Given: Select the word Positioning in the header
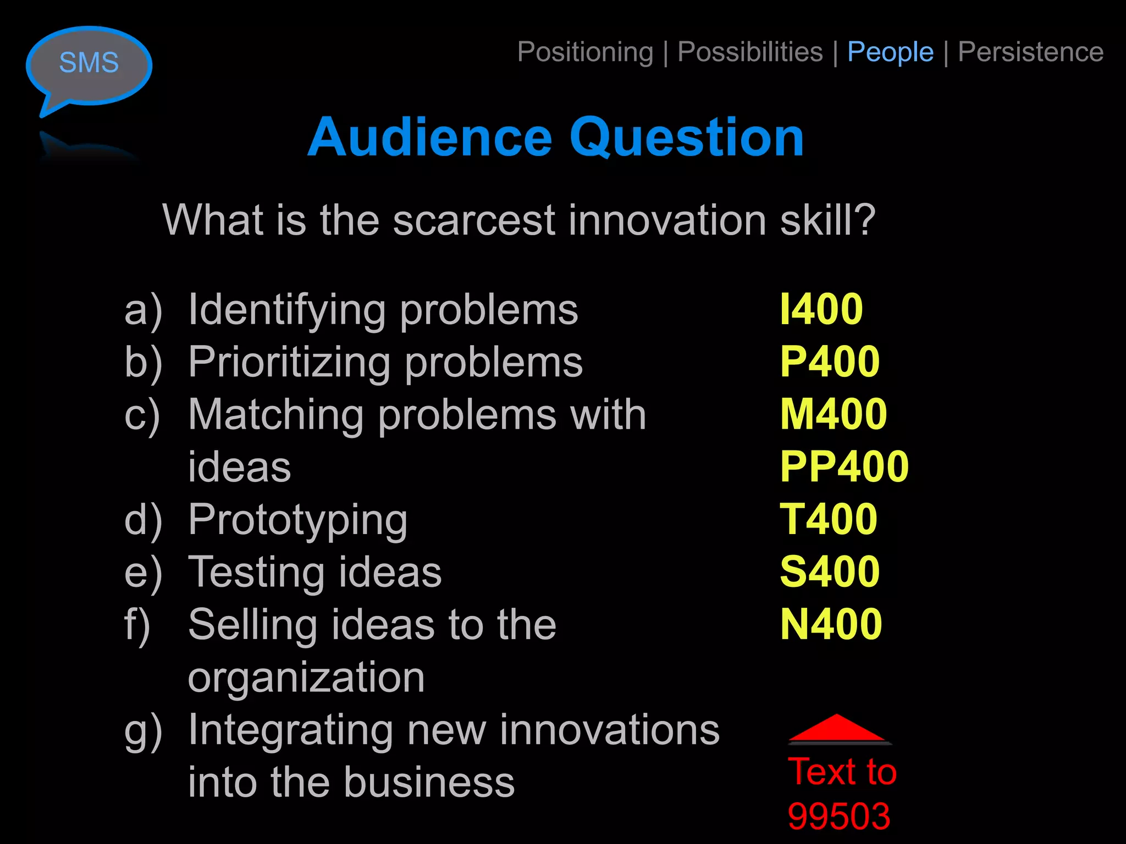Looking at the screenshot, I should pyautogui.click(x=585, y=53).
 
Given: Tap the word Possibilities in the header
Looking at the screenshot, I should pyautogui.click(x=750, y=53).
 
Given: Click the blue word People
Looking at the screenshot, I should pyautogui.click(x=890, y=53).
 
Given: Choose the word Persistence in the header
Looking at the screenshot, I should pyautogui.click(x=1030, y=53).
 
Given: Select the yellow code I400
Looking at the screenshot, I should pyautogui.click(x=821, y=309).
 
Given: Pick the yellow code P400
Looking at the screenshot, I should pyautogui.click(x=830, y=362).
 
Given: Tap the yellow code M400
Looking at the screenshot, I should pyautogui.click(x=834, y=414).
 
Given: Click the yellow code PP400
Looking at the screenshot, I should pyautogui.click(x=844, y=467).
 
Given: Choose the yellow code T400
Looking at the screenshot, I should pyautogui.click(x=829, y=519).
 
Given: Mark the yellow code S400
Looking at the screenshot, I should pyautogui.click(x=830, y=571).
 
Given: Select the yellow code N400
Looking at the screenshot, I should pyautogui.click(x=831, y=624).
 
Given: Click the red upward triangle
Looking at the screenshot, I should pyautogui.click(x=837, y=729).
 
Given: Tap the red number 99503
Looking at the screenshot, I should pyautogui.click(x=838, y=817).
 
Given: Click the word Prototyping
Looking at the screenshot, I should pyautogui.click(x=297, y=520).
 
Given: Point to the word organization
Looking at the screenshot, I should pyautogui.click(x=306, y=678).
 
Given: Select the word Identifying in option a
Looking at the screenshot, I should pyautogui.click(x=286, y=310).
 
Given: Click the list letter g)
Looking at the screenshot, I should pyautogui.click(x=143, y=731).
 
